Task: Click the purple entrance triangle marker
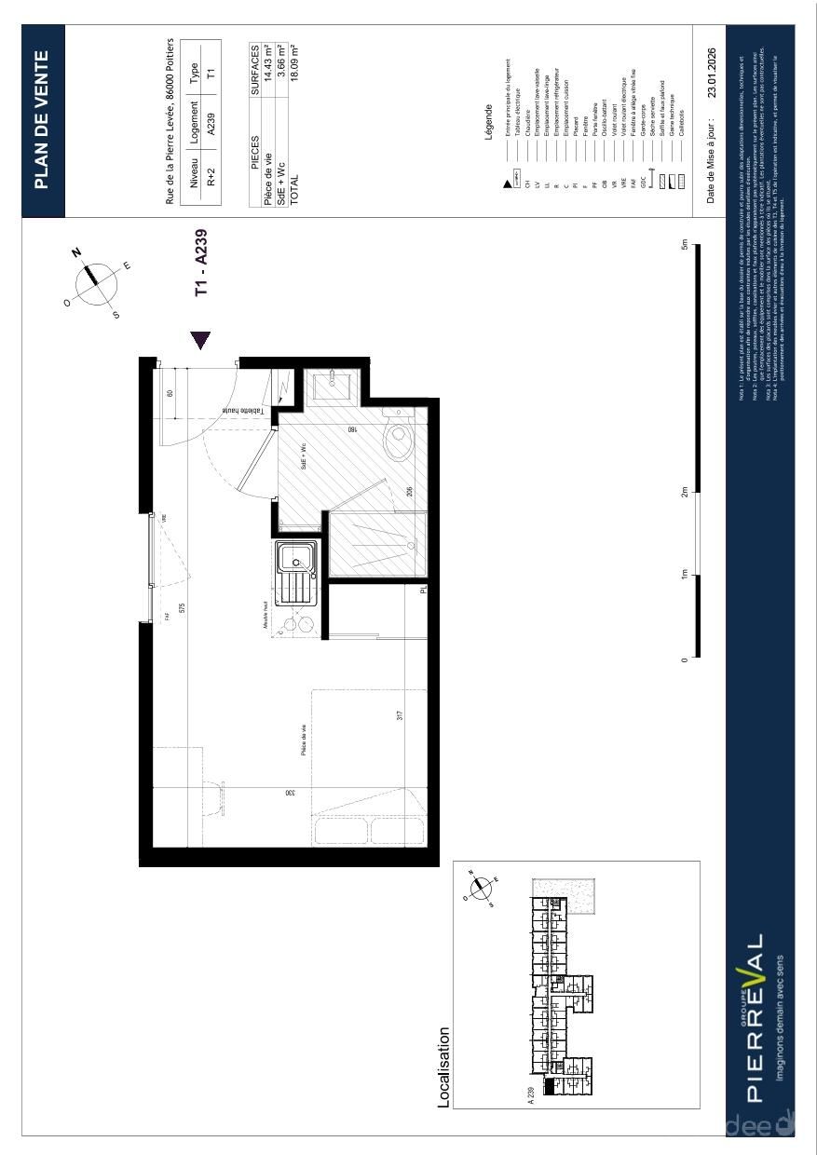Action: point(200,341)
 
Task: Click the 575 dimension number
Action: point(183,607)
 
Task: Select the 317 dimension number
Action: point(400,716)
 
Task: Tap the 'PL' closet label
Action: point(422,590)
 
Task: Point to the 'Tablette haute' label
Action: point(243,411)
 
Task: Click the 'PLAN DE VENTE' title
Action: point(42,119)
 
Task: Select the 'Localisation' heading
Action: point(444,1067)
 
